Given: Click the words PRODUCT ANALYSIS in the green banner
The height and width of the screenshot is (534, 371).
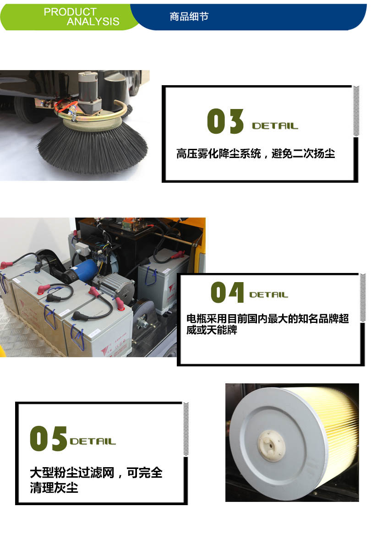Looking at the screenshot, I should [x=82, y=16].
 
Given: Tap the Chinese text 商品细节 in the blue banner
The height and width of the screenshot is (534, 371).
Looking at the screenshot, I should [x=189, y=16].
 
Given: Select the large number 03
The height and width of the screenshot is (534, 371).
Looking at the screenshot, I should [x=225, y=122].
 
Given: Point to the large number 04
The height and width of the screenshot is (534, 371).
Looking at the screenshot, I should [x=227, y=293].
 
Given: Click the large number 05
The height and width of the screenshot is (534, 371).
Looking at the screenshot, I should [x=48, y=438].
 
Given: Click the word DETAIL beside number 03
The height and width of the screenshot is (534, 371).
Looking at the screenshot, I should [x=275, y=126].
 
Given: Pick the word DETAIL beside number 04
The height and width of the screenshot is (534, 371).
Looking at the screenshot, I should [x=268, y=295].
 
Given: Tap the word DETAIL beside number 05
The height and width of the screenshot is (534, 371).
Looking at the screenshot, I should [x=93, y=441].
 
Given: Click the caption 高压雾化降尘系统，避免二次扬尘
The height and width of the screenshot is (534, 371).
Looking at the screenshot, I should [x=256, y=154].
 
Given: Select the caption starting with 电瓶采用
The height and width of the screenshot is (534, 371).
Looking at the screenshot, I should [x=267, y=324].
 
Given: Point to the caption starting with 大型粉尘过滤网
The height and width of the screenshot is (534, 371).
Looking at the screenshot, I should [x=96, y=480].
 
